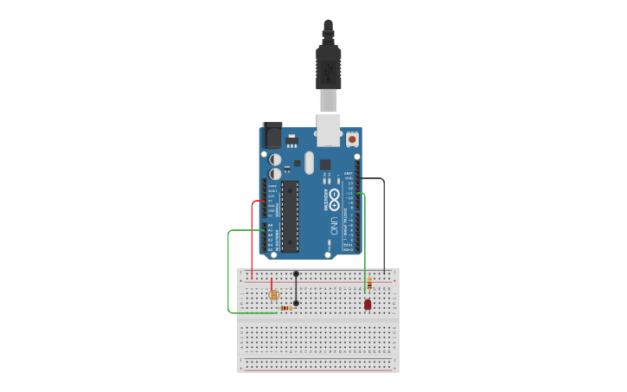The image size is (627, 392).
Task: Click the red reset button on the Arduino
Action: click(352, 138)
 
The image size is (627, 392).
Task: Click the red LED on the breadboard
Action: click(368, 304)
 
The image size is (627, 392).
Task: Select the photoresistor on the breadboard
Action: click(274, 295)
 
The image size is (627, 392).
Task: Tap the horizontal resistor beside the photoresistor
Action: click(286, 308)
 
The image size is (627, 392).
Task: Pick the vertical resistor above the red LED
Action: click(369, 285)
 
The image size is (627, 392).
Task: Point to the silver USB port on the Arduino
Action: click(329, 131)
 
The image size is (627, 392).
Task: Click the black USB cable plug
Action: click(329, 65)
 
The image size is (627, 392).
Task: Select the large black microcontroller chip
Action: click(290, 216)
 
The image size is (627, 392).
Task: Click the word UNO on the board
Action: click(334, 226)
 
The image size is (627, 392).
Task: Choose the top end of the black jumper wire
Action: click(296, 273)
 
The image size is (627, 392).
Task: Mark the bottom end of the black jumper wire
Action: click(296, 303)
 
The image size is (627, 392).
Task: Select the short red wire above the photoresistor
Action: click(272, 285)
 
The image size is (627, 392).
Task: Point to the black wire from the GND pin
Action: click(384, 225)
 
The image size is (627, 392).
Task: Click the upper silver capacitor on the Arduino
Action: click(275, 159)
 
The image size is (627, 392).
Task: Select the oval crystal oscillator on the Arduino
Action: click(309, 162)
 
